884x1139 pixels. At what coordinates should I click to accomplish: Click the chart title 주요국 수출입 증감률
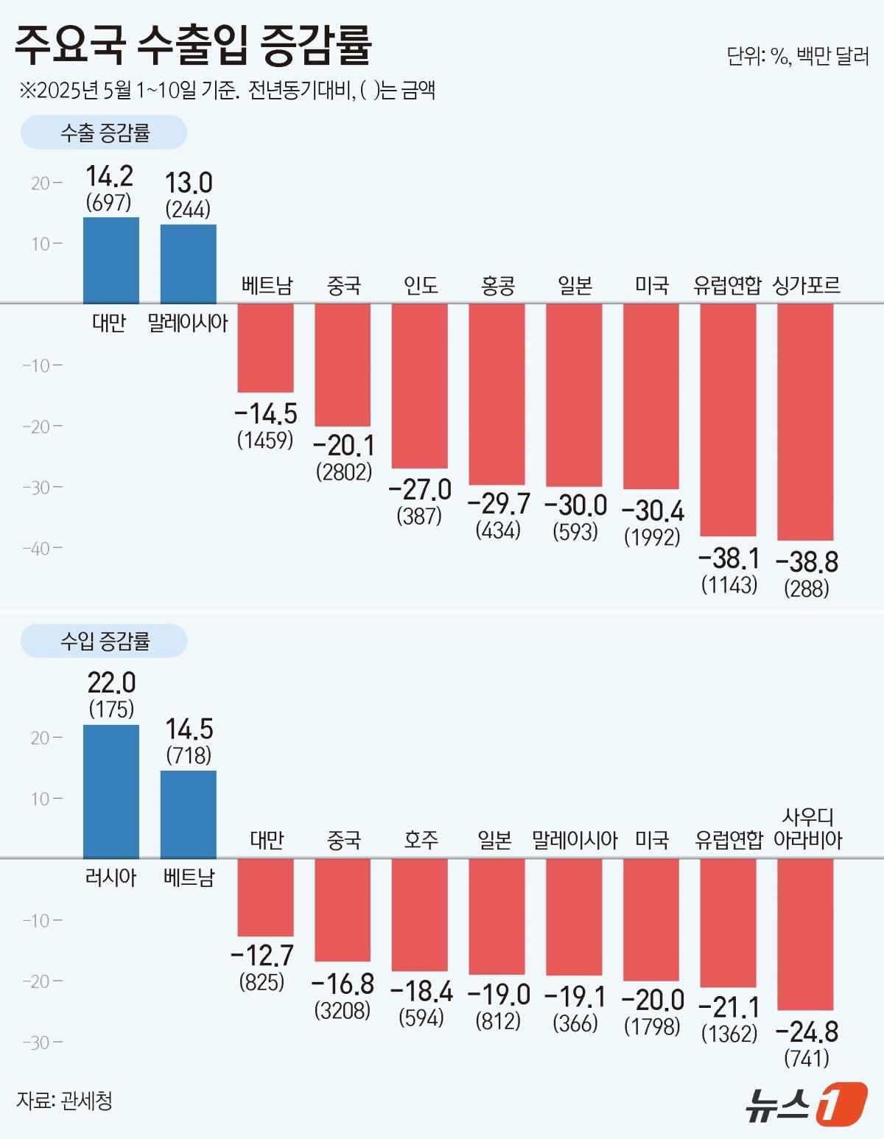193,46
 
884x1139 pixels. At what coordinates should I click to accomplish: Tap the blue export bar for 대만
110,260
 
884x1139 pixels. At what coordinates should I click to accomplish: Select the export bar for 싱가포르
805,421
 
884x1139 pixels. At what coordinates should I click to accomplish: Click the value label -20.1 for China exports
344,446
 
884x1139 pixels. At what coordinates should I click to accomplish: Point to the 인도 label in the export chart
421,285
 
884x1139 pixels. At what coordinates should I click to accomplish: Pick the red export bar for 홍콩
497,393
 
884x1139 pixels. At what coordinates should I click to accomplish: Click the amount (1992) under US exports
652,537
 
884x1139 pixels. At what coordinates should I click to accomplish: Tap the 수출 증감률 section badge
104,133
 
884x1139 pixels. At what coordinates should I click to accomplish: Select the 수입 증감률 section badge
104,641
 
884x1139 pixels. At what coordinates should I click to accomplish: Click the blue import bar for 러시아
110,791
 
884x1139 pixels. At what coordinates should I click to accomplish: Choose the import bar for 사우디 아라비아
805,933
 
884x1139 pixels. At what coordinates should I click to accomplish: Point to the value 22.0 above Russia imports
111,683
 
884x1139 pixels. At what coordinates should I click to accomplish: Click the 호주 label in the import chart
421,840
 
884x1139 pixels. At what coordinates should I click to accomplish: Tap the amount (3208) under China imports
343,1010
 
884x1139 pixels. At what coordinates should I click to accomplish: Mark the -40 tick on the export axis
41,548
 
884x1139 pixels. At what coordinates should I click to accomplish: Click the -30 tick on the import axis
41,1042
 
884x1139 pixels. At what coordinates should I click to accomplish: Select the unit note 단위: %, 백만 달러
797,56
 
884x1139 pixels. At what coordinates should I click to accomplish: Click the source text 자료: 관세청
64,1101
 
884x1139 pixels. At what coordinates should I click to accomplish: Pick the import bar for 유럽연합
728,922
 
